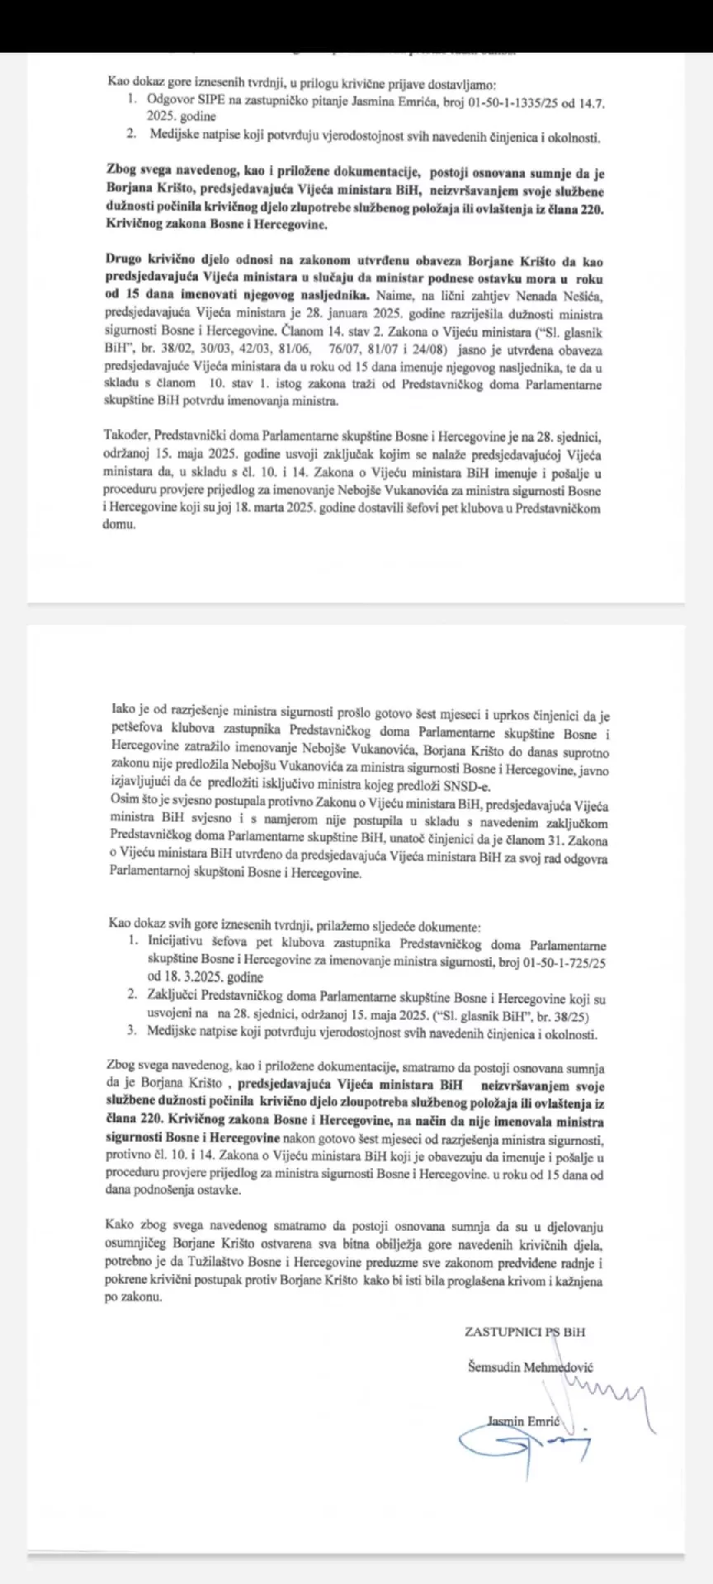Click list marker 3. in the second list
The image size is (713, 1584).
(131, 1032)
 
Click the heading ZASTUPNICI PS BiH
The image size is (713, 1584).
(526, 1331)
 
